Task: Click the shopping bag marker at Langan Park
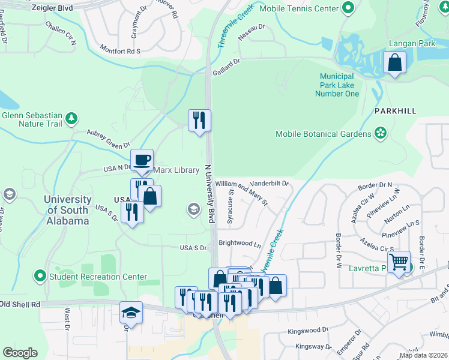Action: [395, 62]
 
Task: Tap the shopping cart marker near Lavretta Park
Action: [399, 262]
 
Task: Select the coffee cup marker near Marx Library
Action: [142, 160]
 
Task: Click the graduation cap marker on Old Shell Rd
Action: [131, 313]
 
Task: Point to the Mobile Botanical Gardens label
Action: [324, 134]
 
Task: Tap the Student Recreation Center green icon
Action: [40, 277]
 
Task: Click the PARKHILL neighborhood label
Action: [395, 111]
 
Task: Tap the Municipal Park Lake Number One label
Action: [339, 85]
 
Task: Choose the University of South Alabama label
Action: [67, 209]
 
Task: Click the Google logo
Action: [19, 353]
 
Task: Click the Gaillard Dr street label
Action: [226, 66]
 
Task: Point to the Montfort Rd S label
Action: [119, 51]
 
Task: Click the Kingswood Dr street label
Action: [308, 330]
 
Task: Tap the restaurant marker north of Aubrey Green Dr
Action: [199, 121]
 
